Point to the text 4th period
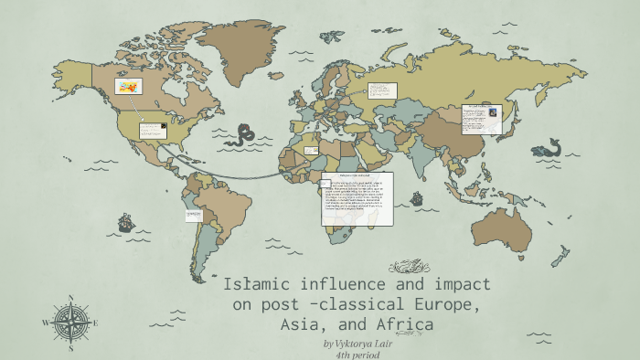click(357, 355)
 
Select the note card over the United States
click(152, 130)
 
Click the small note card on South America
click(194, 215)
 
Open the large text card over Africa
click(357, 199)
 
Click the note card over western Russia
click(381, 90)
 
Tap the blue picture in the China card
click(493, 112)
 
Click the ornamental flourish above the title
click(409, 267)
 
